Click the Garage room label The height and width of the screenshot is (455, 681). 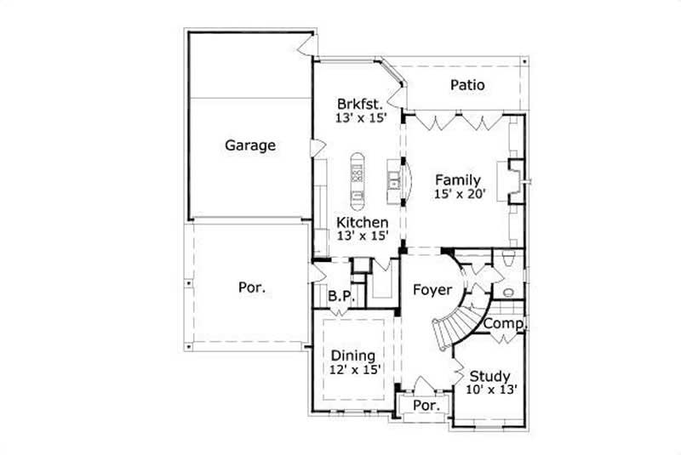(249, 145)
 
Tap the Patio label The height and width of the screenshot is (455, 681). (467, 85)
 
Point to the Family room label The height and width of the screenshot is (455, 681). (458, 179)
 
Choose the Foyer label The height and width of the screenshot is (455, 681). (432, 290)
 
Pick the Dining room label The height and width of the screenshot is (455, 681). (353, 355)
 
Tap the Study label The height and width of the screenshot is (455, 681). (489, 376)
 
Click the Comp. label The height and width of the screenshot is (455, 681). (505, 324)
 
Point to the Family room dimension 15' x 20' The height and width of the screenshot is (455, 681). (460, 194)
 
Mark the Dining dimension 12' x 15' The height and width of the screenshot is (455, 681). (353, 369)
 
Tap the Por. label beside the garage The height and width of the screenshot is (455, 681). (251, 287)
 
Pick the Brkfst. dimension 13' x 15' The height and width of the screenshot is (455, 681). (361, 119)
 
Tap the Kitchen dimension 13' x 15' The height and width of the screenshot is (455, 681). (362, 236)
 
